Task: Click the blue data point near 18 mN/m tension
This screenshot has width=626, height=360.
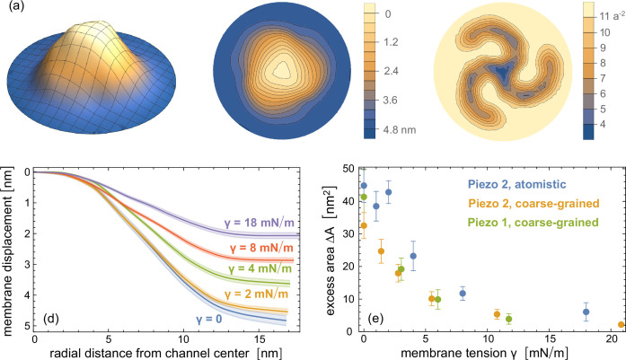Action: tap(586, 312)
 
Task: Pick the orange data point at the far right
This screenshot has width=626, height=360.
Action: tap(622, 325)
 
